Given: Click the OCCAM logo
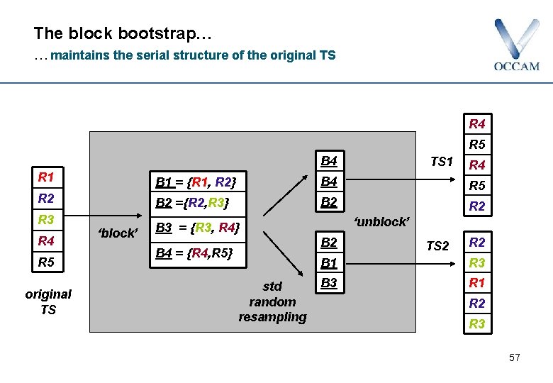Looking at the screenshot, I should pos(516,45).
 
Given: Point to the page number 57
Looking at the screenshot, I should pos(514,357).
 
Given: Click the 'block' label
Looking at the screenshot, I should pos(118,233).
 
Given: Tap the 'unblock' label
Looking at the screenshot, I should pos(381,221).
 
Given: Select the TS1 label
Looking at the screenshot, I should pos(441,161).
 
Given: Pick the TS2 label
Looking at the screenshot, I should pos(437,246).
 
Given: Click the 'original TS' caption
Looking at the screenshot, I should pos(48,301).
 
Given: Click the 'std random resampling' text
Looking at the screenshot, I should pos(272,301).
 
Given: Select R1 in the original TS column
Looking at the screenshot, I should pos(47,177).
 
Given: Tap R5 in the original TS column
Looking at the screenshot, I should pos(47,262).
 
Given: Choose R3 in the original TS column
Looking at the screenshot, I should pos(47,219).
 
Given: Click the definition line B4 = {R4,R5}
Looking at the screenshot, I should pos(193,252).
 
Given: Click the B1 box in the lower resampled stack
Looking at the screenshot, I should pos(329,263).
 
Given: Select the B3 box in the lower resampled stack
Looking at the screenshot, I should pos(329,284).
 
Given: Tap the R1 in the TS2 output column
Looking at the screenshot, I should pos(477,282).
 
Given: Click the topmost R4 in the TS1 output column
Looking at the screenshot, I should pos(477,124).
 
